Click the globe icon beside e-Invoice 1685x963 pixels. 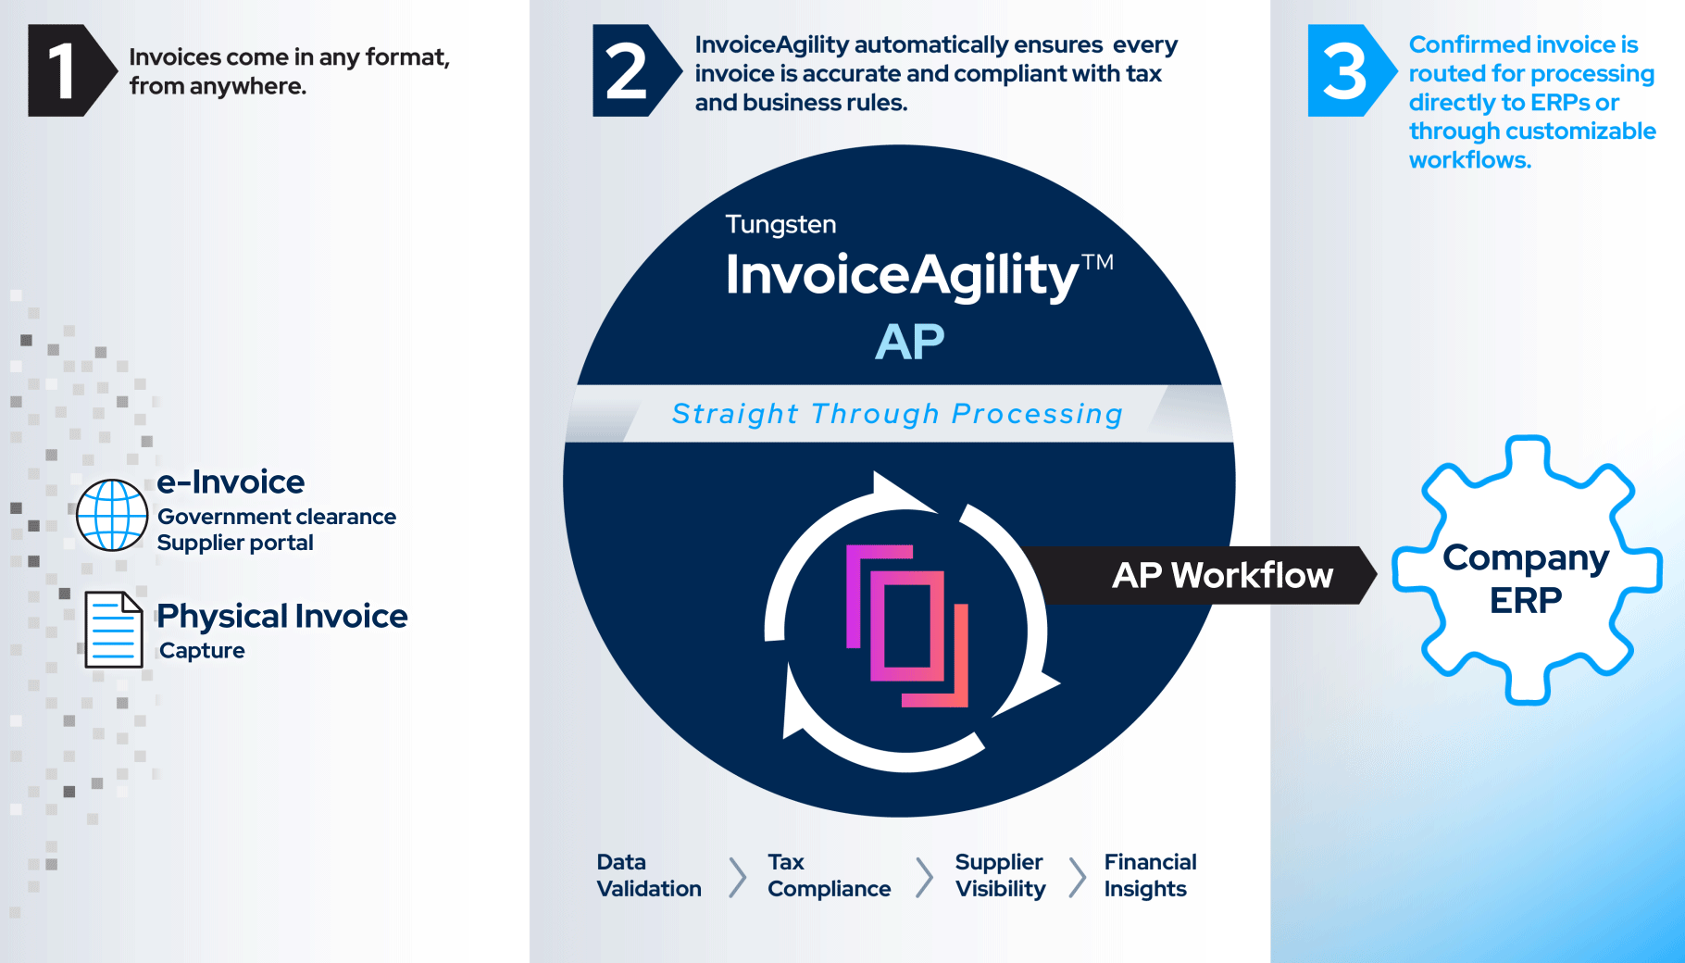click(x=112, y=515)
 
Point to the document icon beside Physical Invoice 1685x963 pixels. click(x=114, y=630)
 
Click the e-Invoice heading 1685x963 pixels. click(x=231, y=482)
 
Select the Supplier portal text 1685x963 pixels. click(x=235, y=543)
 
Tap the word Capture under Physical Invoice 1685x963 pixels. click(x=202, y=651)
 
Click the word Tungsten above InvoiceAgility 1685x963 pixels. click(x=780, y=225)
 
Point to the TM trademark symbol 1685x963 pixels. click(x=1097, y=262)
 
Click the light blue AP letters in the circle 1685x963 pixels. click(x=910, y=343)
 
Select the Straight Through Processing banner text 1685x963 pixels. click(x=897, y=414)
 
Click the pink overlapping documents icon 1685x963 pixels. click(x=907, y=625)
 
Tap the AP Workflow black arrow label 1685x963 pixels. click(x=1222, y=575)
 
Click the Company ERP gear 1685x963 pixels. click(x=1527, y=570)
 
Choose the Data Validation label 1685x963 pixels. click(x=648, y=876)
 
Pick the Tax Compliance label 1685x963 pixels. click(x=829, y=876)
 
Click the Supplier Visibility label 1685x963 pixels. click(x=1000, y=876)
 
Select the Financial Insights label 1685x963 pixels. click(x=1150, y=876)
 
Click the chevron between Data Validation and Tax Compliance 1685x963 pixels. click(x=737, y=877)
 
